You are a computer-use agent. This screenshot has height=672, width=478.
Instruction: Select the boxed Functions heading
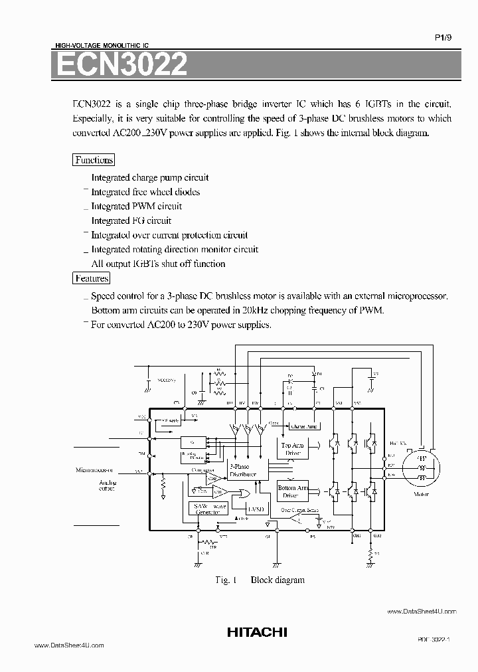[x=94, y=160]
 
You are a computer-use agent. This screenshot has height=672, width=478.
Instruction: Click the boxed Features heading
[x=92, y=279]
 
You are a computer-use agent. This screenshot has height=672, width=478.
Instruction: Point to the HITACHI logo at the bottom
[x=257, y=633]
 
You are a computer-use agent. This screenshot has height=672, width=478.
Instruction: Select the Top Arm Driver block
[x=292, y=449]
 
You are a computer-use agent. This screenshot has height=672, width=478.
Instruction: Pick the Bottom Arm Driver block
[x=292, y=491]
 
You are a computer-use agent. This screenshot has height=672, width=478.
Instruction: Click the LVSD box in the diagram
[x=256, y=509]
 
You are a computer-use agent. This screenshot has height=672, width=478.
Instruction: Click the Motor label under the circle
[x=421, y=494]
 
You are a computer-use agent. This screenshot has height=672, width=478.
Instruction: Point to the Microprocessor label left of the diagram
[x=95, y=470]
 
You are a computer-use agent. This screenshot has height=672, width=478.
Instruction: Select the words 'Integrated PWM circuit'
[x=136, y=206]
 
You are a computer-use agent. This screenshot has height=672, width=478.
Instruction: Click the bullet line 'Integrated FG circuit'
[x=131, y=220]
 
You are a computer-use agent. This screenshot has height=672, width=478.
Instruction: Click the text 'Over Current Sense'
[x=299, y=511]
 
